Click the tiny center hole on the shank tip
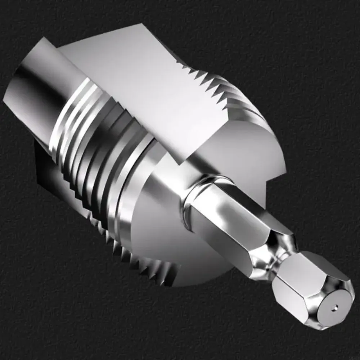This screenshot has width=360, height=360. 335,307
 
